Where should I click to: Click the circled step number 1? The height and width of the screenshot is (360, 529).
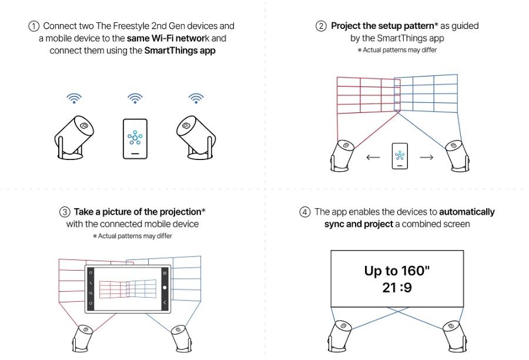34,26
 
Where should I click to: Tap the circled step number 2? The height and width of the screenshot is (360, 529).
322,26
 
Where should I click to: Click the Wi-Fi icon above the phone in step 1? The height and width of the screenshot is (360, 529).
135,98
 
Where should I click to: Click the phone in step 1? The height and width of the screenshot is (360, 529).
135,139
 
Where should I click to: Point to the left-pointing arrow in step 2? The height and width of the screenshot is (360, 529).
373,157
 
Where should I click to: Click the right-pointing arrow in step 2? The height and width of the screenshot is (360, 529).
426,157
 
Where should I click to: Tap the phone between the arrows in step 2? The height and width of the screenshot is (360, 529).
400,156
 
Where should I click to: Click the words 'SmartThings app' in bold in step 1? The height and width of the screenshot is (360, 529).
180,51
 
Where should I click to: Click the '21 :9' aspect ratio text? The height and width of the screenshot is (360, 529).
397,289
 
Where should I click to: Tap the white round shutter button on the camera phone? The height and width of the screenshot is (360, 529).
165,288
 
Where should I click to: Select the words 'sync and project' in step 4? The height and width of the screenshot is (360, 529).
358,224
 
